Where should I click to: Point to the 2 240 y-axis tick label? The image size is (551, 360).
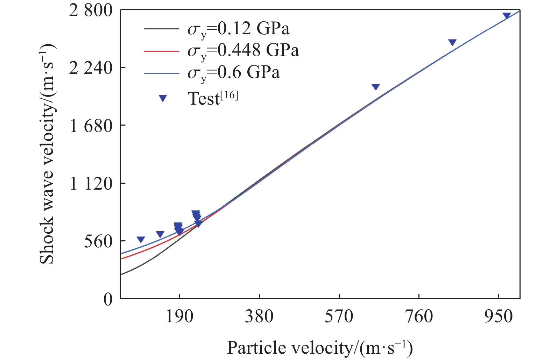tap(91, 68)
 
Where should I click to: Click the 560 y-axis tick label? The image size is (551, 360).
tap(98, 241)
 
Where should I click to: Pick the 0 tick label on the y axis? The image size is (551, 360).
tap(108, 299)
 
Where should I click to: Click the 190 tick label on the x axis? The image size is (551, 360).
tap(179, 317)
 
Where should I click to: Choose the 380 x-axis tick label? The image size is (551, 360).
tap(259, 317)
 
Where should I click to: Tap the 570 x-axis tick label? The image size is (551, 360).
tap(339, 317)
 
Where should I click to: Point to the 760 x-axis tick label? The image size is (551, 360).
tap(419, 317)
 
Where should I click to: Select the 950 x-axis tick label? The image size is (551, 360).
tap(499, 317)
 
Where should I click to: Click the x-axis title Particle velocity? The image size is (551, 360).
tap(320, 348)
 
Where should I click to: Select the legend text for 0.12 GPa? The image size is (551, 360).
tap(239, 29)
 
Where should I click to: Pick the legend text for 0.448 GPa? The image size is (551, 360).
tap(243, 50)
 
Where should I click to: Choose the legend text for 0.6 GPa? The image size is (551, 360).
tap(234, 72)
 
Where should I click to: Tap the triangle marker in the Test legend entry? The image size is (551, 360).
tap(163, 99)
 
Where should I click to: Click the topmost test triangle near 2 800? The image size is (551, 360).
tap(507, 16)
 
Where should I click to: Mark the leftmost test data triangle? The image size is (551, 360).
tap(141, 240)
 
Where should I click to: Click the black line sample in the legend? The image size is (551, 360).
tap(161, 29)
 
